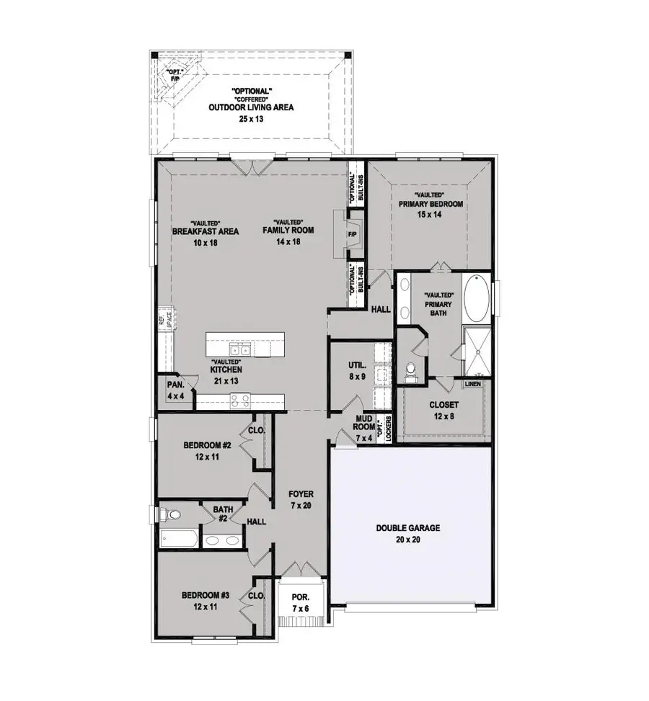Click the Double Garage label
click(407, 527)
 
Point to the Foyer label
click(301, 494)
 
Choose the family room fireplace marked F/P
click(353, 235)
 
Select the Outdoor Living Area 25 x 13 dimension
click(252, 118)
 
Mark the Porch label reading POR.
click(299, 598)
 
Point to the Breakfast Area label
click(195, 232)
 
